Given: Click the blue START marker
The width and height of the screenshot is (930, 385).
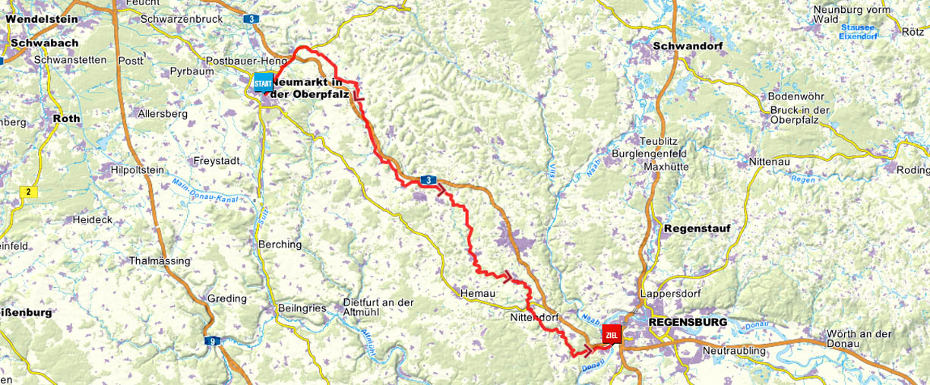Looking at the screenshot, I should pos(264,81).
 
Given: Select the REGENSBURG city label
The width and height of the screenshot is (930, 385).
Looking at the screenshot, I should pos(688,322).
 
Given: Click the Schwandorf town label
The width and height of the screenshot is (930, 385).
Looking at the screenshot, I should pos(688,46).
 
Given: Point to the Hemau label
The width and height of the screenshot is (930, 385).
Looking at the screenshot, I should pos(478,293).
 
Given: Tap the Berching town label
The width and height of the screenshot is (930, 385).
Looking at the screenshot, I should pos(280,245).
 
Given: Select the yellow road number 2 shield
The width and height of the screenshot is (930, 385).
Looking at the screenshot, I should pos(29,192).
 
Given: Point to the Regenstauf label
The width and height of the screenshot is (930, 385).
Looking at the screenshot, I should pos(697,229).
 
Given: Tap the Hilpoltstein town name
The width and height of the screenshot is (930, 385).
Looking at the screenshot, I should pos(137,170).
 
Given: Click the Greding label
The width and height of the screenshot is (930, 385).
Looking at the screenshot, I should pos(227,298).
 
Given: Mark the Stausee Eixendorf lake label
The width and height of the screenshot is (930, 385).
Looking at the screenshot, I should pos(858,31).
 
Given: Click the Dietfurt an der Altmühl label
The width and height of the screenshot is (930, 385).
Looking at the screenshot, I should pos(378,307).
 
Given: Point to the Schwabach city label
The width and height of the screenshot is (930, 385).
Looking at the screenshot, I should pos(31,44).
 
